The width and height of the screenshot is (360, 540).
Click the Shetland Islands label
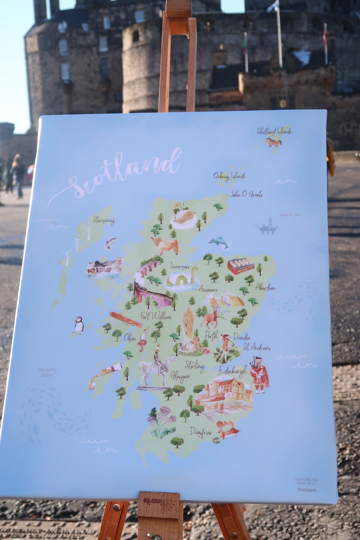pos(273,131)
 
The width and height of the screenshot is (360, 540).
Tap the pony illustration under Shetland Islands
pos(273,142)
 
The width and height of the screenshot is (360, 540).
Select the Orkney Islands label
pos(229,176)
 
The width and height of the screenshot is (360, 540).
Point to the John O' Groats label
pos(246,194)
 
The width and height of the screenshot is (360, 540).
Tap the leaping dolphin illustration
pos(219,242)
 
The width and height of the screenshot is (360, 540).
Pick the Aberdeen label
pos(265,288)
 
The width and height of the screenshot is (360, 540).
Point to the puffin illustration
pos(78,325)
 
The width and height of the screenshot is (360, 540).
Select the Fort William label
pos(156,316)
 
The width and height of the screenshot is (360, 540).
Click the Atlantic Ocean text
pos(47,372)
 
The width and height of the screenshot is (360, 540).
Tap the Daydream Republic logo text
pos(306,481)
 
